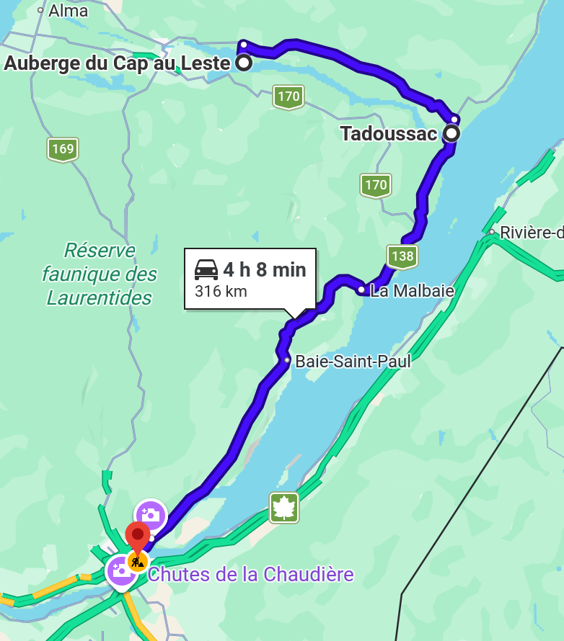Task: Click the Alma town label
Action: (x=68, y=11)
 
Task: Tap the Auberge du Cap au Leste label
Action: (x=117, y=63)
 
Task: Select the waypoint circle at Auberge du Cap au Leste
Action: (x=244, y=63)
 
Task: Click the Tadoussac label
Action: (x=389, y=134)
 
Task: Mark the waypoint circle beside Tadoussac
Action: (x=451, y=133)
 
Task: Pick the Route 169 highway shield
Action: (x=63, y=149)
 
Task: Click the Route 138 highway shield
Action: (x=402, y=256)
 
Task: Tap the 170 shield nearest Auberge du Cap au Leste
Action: (x=288, y=97)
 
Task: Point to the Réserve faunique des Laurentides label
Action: (x=100, y=274)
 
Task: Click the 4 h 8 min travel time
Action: (x=264, y=269)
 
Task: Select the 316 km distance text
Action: (x=221, y=291)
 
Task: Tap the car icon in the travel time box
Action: (x=206, y=270)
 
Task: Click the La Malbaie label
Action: (x=412, y=291)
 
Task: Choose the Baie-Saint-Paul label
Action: (x=353, y=361)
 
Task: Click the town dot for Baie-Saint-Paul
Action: (x=287, y=360)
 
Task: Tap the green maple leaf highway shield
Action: (x=284, y=507)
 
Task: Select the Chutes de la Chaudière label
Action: (x=251, y=575)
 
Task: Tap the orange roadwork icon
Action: (x=137, y=560)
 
